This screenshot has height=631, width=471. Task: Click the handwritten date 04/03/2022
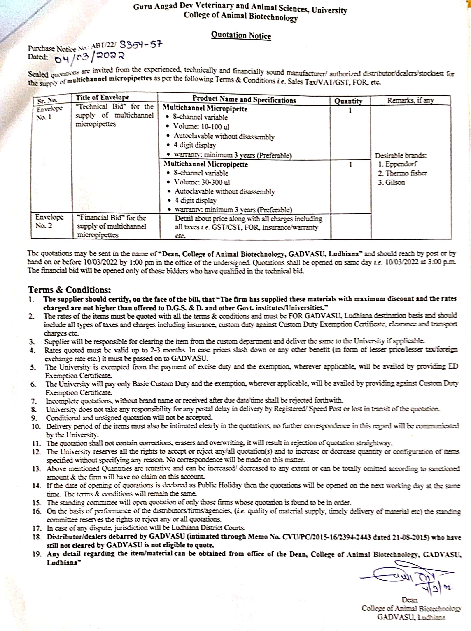(x=89, y=58)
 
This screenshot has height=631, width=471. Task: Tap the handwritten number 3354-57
(x=141, y=45)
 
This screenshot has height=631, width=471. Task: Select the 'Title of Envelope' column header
(x=102, y=98)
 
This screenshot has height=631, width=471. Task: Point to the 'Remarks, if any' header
(x=410, y=100)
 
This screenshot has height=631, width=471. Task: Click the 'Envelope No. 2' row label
(x=49, y=221)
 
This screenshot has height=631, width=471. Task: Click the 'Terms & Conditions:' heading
(x=69, y=290)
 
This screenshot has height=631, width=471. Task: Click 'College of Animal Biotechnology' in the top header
(x=240, y=16)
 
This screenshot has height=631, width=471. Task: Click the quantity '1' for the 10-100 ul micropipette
(x=350, y=110)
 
